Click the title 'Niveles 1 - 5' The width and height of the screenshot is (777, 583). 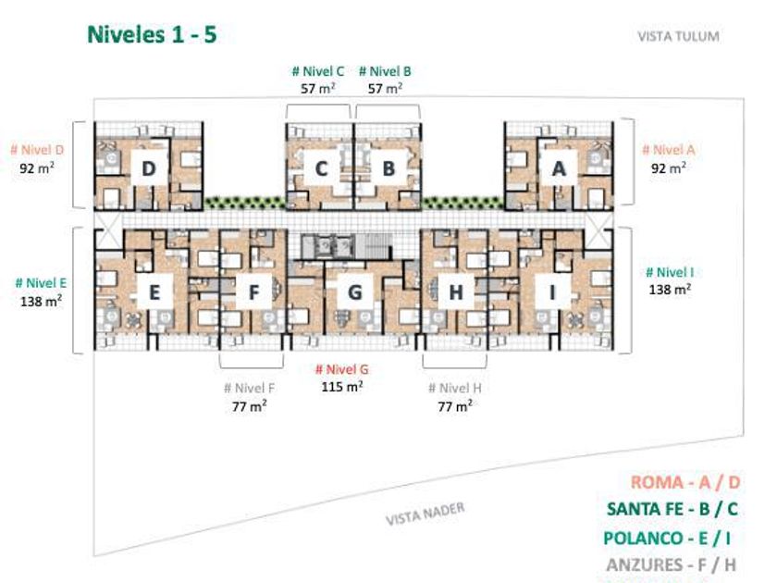152,35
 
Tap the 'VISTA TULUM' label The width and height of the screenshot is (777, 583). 678,36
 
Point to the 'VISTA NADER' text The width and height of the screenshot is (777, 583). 425,513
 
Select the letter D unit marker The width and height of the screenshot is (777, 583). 149,168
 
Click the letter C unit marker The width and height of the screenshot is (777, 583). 321,169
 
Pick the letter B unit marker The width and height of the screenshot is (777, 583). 388,169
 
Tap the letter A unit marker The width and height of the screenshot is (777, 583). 559,169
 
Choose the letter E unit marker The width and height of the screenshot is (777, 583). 154,292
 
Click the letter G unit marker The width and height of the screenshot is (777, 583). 355,292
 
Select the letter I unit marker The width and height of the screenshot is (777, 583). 553,292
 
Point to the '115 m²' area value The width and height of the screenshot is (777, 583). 342,386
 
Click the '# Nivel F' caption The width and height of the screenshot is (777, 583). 249,388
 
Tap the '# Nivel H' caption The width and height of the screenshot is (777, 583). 455,388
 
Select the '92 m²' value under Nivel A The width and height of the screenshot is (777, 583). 669,167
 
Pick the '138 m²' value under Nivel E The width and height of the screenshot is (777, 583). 41,301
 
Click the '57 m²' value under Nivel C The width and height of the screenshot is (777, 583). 317,88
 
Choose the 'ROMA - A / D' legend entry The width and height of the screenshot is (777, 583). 685,482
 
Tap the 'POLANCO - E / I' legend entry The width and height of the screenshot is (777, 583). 667,538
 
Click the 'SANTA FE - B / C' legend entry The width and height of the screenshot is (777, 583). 672,509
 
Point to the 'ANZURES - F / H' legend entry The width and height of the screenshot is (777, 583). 672,564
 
